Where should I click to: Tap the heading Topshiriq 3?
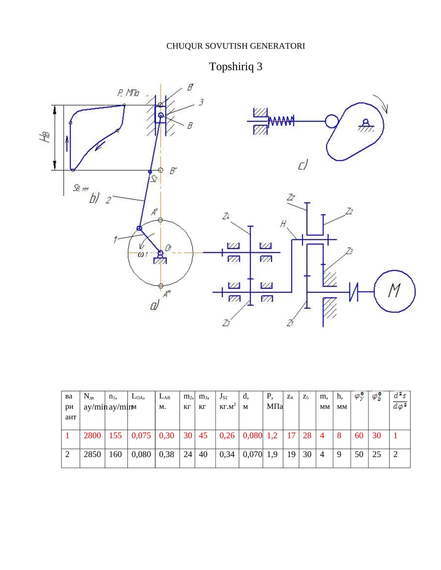[x=236, y=67]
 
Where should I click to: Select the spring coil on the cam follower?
[x=281, y=121]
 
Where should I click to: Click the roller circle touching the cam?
[x=332, y=121]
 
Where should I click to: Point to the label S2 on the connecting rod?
[x=154, y=179]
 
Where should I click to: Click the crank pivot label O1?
[x=168, y=248]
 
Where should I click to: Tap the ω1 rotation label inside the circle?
[x=143, y=254]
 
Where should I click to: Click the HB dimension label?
[x=45, y=137]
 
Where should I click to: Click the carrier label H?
[x=283, y=224]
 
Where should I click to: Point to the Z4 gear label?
[x=226, y=216]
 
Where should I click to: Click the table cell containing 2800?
[x=92, y=435]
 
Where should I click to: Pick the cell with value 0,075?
[x=141, y=435]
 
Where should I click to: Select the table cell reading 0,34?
[x=227, y=454]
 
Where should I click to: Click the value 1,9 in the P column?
[x=272, y=454]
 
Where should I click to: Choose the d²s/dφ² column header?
[x=400, y=401]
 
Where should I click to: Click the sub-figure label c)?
[x=303, y=165]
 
